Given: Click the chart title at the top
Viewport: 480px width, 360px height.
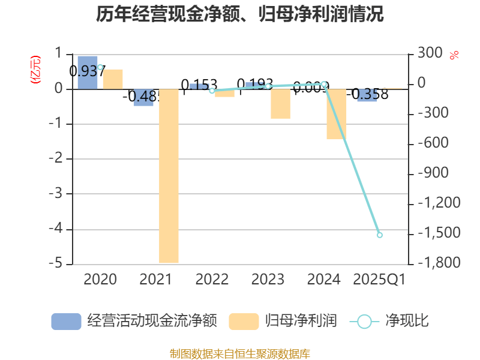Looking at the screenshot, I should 240,13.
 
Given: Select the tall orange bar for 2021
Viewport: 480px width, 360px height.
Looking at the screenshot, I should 169,176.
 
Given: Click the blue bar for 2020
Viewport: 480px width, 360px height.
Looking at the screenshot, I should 88,72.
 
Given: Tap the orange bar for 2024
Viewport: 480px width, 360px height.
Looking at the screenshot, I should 337,114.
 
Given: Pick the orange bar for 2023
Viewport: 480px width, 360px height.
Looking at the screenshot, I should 280,104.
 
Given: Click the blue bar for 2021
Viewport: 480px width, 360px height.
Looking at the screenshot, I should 143,98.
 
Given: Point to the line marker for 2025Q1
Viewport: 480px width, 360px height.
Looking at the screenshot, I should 379,235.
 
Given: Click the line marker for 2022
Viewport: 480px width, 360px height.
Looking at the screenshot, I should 212,91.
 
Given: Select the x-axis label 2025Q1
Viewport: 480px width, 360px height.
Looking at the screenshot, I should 379,279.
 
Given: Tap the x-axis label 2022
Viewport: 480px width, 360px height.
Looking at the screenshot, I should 212,279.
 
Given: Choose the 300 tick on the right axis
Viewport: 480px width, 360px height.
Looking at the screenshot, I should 430,53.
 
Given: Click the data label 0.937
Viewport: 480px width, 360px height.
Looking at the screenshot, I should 87,71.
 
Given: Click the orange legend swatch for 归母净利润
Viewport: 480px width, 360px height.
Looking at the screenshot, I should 244,322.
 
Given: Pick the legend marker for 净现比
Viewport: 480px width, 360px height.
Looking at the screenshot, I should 364,322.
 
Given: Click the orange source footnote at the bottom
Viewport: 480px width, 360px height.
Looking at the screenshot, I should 240,353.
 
